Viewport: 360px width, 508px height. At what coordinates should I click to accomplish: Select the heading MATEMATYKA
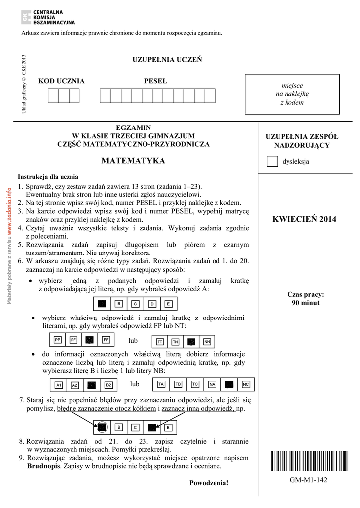[x=133, y=161]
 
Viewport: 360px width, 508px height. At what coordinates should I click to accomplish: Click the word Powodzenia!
[x=209, y=483]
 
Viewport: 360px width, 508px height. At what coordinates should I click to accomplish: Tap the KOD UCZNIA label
[x=62, y=81]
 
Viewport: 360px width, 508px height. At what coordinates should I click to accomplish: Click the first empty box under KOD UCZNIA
[x=53, y=95]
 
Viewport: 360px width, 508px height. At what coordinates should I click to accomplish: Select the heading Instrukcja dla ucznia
[x=48, y=177]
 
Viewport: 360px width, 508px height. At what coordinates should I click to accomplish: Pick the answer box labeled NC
[x=246, y=384]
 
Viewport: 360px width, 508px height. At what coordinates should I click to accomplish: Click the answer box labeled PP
[x=58, y=340]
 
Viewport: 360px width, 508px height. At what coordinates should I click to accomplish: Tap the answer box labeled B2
[x=108, y=385]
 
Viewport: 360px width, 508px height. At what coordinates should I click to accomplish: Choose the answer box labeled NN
[x=207, y=342]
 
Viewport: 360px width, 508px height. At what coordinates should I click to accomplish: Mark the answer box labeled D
[x=153, y=304]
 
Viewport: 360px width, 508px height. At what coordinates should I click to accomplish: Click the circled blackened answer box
[x=102, y=427]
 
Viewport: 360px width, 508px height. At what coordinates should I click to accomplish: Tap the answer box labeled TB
[x=178, y=384]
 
